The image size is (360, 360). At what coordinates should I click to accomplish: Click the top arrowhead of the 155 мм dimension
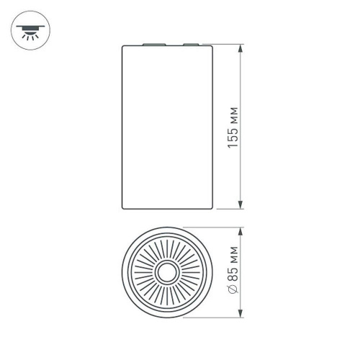pos(240,48)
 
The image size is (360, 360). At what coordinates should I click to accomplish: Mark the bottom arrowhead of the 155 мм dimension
pos(240,205)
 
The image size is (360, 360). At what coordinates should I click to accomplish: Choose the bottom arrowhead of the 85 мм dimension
pos(240,314)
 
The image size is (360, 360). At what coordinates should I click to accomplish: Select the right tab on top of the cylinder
pos(190,44)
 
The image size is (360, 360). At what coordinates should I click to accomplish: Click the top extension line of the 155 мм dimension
pos(227,45)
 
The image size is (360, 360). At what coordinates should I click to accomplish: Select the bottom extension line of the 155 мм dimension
pos(227,209)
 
